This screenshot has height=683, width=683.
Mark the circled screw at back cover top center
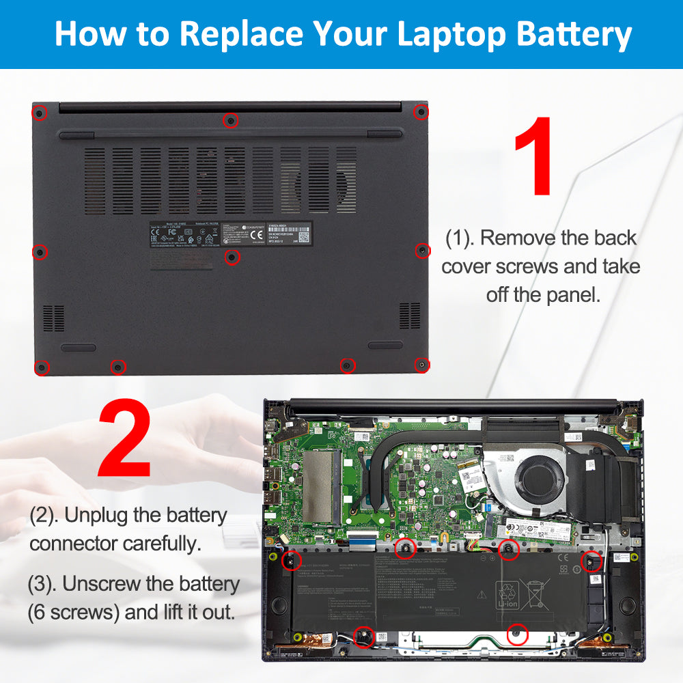[x=231, y=121]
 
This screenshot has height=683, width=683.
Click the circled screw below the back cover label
[x=232, y=257]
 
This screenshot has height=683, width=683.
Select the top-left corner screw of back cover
[x=40, y=112]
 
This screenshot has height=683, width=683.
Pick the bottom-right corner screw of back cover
[x=422, y=365]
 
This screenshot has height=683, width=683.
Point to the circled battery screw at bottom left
[x=365, y=637]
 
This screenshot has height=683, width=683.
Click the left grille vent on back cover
[x=53, y=318]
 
